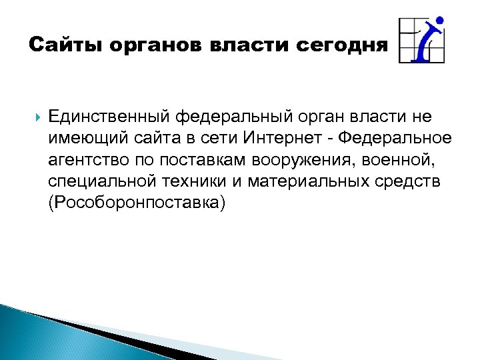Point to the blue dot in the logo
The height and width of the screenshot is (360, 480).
(439, 21)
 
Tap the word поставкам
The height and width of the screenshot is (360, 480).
(194, 161)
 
